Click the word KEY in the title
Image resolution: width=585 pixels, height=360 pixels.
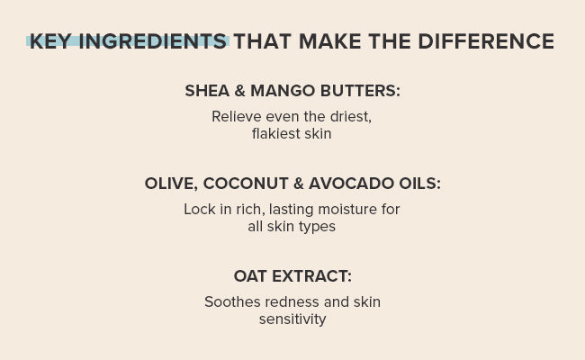[x=49, y=41]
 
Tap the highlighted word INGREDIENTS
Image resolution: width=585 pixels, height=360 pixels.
[x=153, y=41]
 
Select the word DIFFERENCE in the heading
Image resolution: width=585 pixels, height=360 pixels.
[x=486, y=41]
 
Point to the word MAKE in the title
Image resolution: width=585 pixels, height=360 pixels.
[x=329, y=41]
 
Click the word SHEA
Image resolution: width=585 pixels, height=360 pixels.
[x=207, y=91]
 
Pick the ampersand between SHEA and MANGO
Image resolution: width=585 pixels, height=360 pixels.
[x=240, y=91]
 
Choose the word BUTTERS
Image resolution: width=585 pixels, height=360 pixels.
[x=360, y=91]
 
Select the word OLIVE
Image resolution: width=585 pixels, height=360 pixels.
[x=171, y=184]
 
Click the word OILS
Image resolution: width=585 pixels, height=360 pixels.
[x=419, y=184]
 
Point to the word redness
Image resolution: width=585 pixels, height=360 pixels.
[x=292, y=301]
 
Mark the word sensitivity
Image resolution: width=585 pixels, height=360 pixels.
[x=292, y=319]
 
